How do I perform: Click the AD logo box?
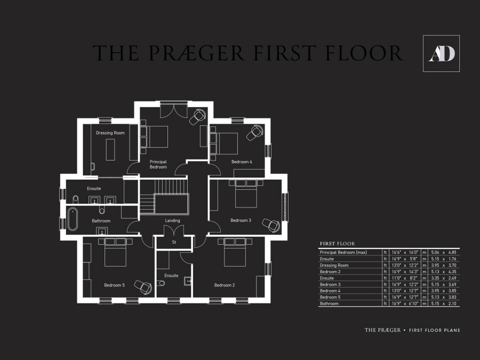pos(441,53)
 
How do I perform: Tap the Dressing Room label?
pos(110,133)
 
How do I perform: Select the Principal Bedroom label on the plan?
pos(158,164)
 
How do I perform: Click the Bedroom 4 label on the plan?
pos(241,162)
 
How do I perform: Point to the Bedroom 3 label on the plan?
pos(241,220)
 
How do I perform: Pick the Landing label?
pos(172,220)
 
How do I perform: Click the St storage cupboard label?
pos(174,242)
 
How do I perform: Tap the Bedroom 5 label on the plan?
pos(114,285)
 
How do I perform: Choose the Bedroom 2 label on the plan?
pos(225,285)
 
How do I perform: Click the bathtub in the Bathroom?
pos(73,219)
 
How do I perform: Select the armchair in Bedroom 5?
pos(142,286)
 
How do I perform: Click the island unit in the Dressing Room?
pos(111,149)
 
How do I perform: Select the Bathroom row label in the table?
pos(329,303)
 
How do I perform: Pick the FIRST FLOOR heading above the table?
pos(333,243)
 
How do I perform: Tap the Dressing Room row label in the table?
pos(334,265)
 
